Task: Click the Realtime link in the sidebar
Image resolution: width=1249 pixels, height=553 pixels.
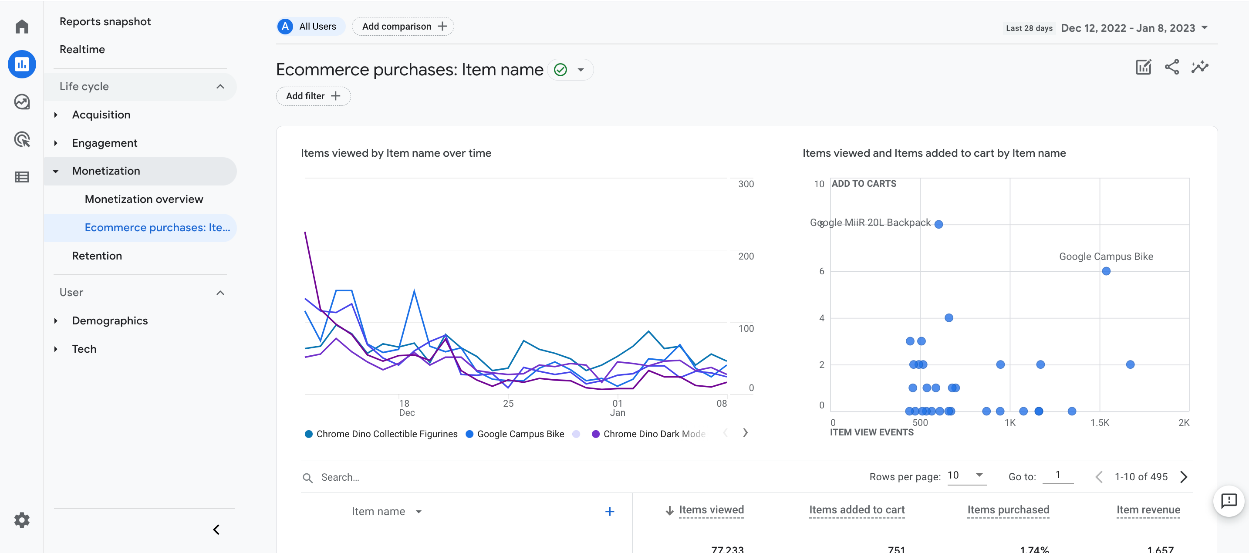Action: click(x=82, y=50)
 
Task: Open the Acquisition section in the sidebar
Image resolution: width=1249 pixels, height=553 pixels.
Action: click(x=101, y=115)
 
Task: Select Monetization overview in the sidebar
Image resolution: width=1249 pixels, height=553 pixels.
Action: click(x=144, y=199)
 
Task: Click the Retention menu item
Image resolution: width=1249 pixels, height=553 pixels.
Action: click(x=97, y=256)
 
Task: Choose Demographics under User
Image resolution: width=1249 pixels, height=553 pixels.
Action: click(x=110, y=321)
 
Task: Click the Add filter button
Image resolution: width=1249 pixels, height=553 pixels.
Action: click(x=313, y=96)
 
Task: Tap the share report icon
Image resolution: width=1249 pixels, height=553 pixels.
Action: click(x=1171, y=67)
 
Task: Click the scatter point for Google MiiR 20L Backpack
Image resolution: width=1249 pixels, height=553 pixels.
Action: click(x=938, y=224)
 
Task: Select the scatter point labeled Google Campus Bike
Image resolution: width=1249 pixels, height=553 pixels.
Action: click(x=1106, y=271)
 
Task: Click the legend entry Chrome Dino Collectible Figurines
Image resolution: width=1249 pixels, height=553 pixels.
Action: click(x=386, y=434)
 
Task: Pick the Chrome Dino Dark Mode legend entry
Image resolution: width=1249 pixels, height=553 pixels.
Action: click(x=653, y=434)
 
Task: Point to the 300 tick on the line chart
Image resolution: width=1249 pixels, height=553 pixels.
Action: click(x=746, y=184)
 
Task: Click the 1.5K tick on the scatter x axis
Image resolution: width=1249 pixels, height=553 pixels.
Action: click(x=1099, y=423)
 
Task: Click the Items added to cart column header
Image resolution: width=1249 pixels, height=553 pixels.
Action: click(x=856, y=510)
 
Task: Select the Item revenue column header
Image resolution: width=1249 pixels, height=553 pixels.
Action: click(x=1148, y=510)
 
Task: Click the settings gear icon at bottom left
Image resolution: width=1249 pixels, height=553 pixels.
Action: click(x=22, y=520)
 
